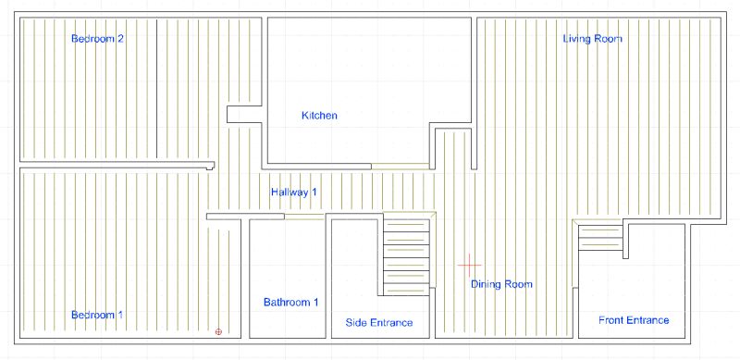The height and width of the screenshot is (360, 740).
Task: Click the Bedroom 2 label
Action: [98, 39]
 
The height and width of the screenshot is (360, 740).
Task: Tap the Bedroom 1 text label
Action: [97, 316]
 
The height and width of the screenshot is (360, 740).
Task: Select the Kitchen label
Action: [319, 116]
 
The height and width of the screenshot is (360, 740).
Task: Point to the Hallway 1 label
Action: [294, 192]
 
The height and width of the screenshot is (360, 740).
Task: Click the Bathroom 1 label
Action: [291, 303]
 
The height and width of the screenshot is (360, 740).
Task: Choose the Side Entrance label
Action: [378, 322]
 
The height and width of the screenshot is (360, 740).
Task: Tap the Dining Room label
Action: [501, 284]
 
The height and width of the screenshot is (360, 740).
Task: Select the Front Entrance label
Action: [634, 320]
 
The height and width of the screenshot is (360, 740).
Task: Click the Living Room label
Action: [593, 39]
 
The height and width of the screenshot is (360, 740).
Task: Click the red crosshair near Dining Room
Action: [470, 265]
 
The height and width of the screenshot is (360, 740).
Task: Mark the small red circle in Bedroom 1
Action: [218, 330]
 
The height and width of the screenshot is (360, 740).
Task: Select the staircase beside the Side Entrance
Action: [407, 254]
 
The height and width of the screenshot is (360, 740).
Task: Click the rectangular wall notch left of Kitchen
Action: [240, 115]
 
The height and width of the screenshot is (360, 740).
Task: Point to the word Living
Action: [579, 39]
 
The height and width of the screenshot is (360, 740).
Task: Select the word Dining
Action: [486, 284]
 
